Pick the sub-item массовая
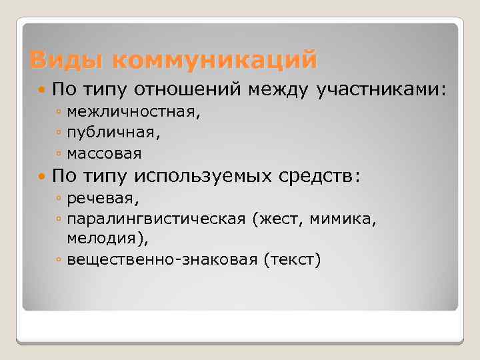pyautogui.click(x=104, y=153)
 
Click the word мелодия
pyautogui.click(x=97, y=238)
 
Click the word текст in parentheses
pyautogui.click(x=292, y=259)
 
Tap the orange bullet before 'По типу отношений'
pyautogui.click(x=43, y=89)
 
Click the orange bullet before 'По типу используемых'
pyautogui.click(x=43, y=176)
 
